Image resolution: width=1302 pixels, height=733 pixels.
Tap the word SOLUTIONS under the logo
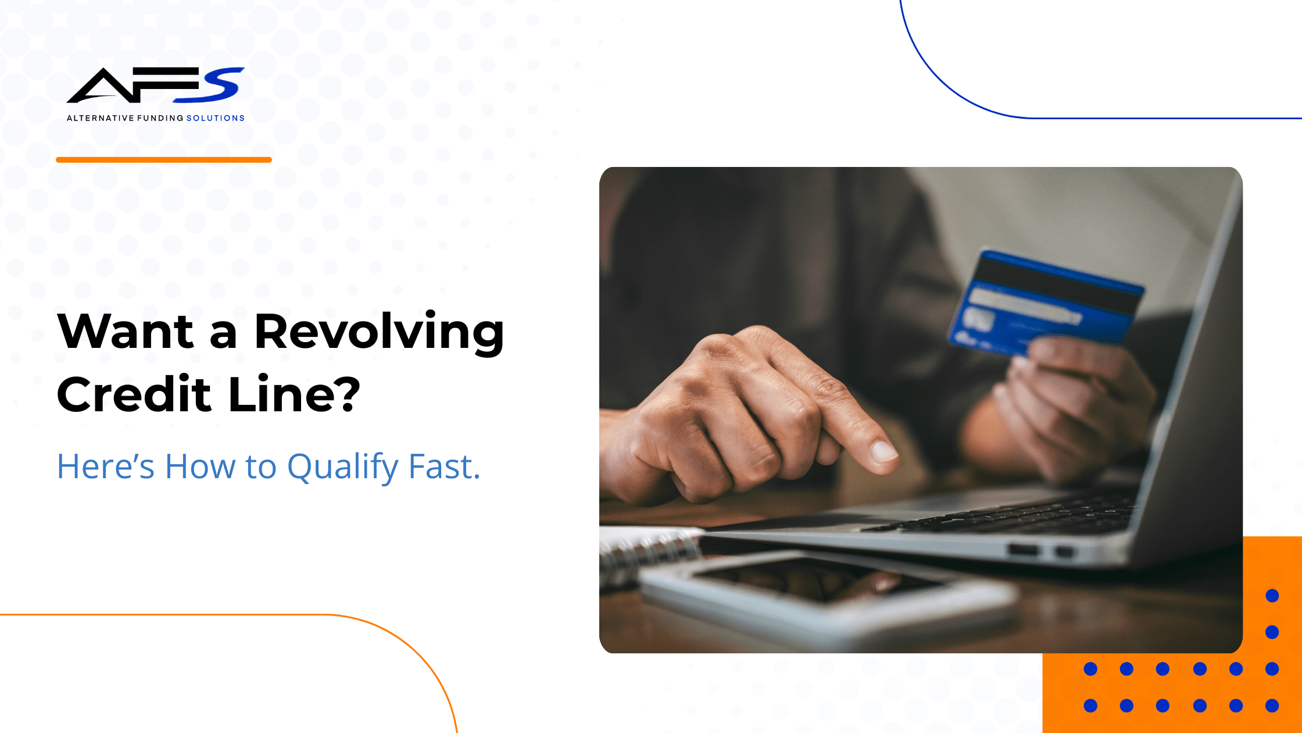[215, 118]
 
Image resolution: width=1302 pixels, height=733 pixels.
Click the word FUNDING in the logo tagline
[160, 118]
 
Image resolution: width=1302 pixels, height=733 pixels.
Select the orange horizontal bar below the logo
[164, 159]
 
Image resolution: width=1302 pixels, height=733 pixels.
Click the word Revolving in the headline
[379, 333]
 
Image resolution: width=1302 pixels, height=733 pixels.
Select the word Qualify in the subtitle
[343, 468]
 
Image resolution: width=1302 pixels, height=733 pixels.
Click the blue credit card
[1045, 303]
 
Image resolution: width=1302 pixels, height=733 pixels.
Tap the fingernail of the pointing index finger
[883, 451]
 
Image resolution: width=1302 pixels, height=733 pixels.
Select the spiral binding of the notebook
[651, 556]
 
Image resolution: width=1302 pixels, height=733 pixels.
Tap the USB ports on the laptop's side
[1041, 550]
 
